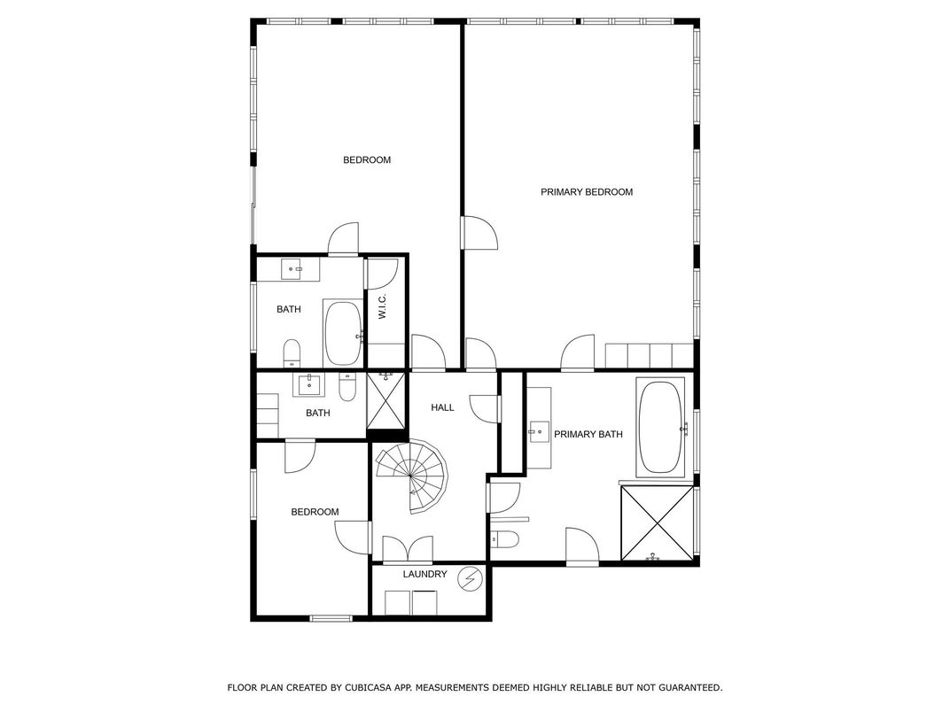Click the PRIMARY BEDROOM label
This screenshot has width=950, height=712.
[587, 192]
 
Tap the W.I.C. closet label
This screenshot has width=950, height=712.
[382, 307]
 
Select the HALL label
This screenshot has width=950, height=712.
[442, 407]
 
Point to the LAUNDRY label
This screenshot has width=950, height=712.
[424, 574]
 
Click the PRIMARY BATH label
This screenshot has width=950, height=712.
[588, 434]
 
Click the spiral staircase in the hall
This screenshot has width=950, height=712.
[411, 476]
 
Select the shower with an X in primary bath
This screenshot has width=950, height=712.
[658, 523]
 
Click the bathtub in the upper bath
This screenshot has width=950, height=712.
[344, 332]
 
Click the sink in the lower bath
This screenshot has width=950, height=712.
[309, 384]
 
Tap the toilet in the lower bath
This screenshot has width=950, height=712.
[347, 388]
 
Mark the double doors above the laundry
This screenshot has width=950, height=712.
[408, 549]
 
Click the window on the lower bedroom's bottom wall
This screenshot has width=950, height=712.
[331, 618]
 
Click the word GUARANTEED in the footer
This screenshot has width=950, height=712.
[690, 688]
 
